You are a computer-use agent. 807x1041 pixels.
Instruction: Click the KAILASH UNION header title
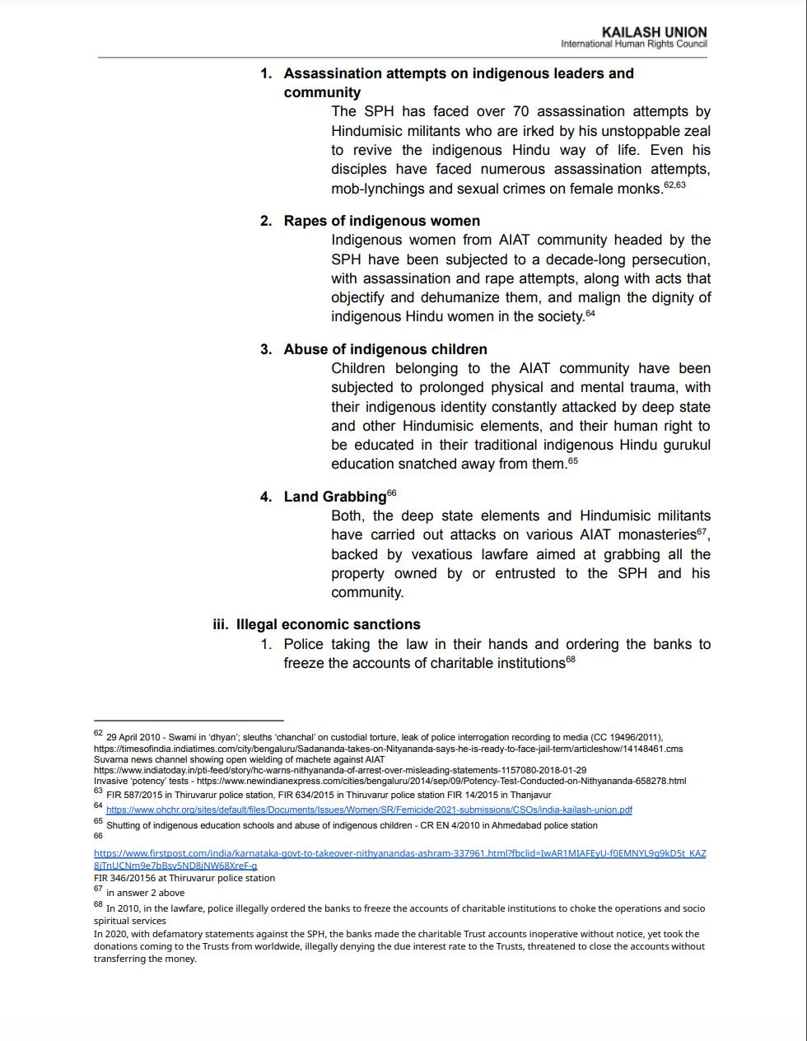(654, 32)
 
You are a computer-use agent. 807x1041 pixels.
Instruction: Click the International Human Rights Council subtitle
(633, 44)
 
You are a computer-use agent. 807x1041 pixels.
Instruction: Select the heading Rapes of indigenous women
(381, 221)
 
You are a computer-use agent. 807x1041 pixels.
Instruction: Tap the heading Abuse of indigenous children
(385, 349)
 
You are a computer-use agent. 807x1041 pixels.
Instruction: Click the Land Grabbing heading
(334, 497)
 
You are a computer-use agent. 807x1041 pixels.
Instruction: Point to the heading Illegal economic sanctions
(328, 624)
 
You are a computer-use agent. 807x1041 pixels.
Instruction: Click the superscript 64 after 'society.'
(590, 312)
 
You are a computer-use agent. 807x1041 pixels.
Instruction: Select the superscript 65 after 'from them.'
(573, 460)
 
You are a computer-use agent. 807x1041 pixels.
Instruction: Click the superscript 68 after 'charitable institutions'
(571, 659)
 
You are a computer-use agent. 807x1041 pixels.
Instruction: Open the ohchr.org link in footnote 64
(369, 810)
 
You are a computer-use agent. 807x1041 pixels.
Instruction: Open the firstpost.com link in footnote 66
(399, 853)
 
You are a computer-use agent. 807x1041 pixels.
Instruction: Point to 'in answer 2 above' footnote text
(145, 893)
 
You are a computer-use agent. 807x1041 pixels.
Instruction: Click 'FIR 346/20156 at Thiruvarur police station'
(184, 878)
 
